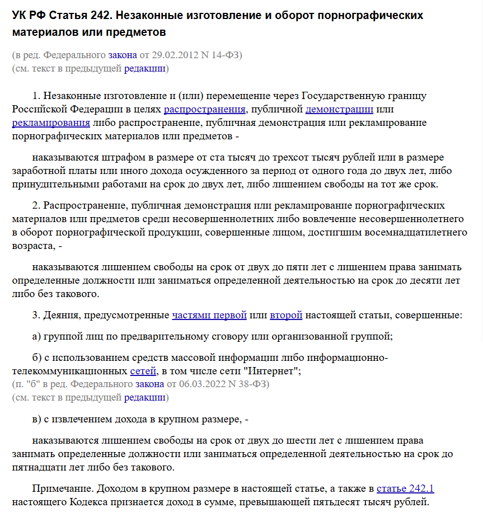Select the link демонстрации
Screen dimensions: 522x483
(339, 109)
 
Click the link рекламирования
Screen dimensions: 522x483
(51, 123)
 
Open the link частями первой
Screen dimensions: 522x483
(209, 315)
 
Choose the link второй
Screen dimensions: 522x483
(286, 315)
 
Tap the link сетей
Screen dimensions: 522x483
(144, 370)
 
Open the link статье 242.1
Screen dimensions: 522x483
(405, 488)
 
